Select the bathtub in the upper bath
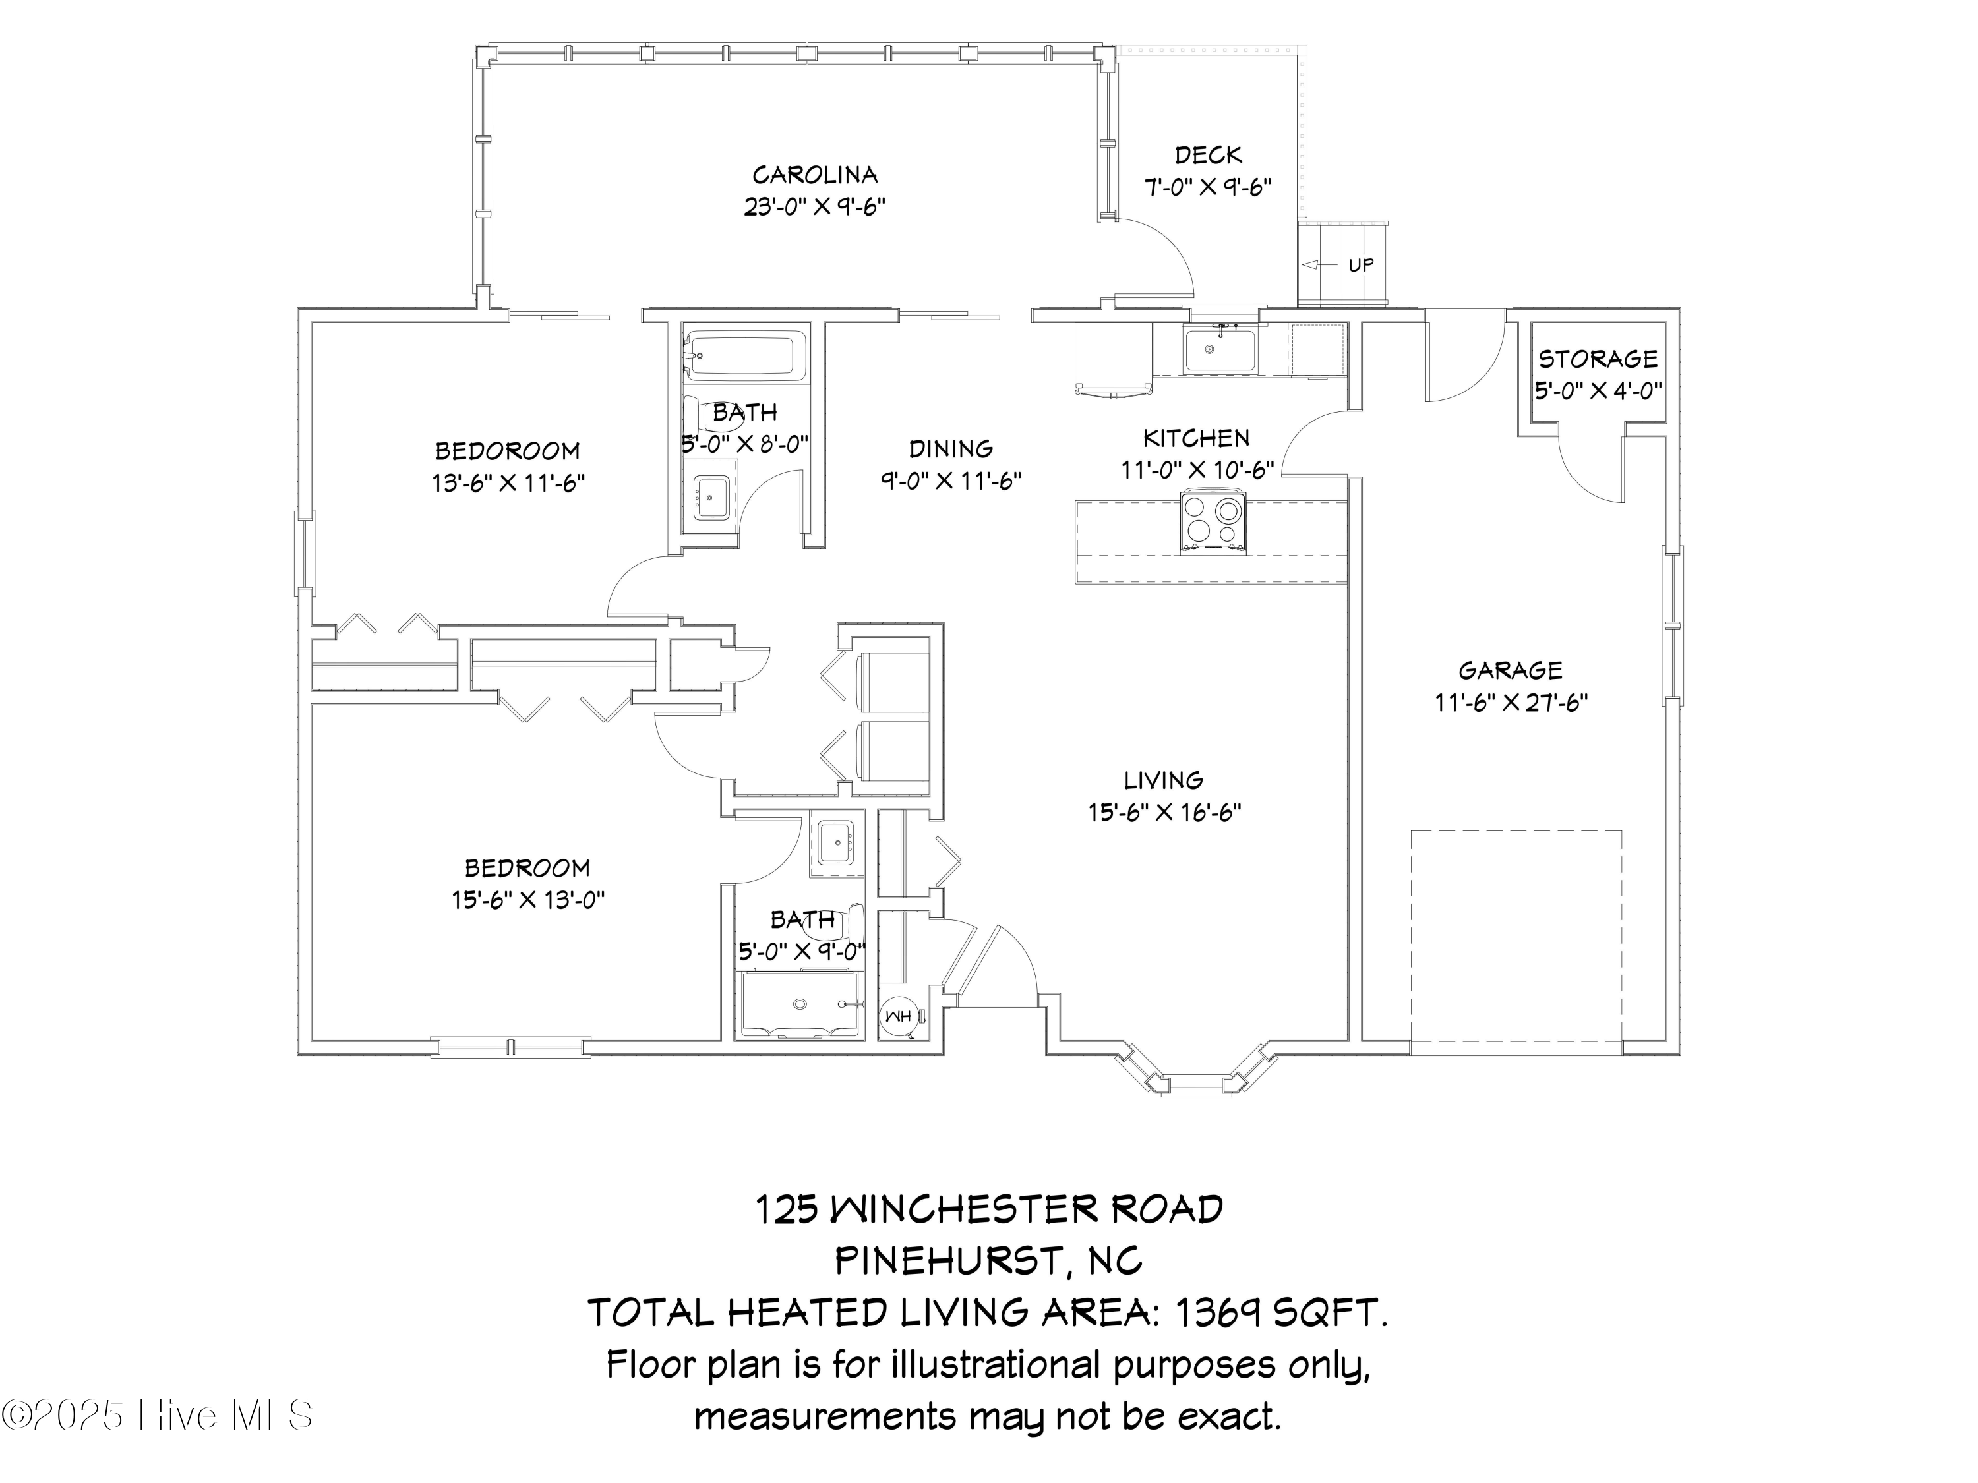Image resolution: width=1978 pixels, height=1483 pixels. [745, 355]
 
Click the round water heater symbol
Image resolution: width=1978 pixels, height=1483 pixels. [897, 1016]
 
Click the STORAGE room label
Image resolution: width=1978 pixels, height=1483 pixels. [1598, 359]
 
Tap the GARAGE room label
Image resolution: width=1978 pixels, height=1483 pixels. [1511, 670]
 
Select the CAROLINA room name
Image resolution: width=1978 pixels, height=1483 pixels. [815, 174]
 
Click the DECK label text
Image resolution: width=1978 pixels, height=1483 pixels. [1208, 156]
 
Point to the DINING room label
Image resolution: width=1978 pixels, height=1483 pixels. [951, 449]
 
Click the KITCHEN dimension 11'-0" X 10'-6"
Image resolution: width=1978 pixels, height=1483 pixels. [1197, 470]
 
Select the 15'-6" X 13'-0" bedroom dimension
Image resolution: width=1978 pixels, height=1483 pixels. [527, 899]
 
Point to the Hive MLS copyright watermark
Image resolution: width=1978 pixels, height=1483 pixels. [158, 1415]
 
